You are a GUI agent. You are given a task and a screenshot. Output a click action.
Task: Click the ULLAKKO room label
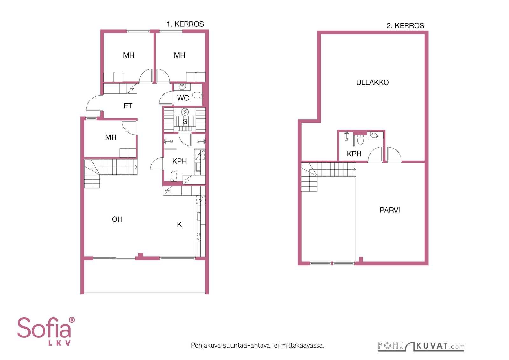(372, 82)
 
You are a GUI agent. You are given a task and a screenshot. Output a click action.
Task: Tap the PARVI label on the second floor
(390, 210)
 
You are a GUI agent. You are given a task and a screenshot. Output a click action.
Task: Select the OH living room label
(117, 219)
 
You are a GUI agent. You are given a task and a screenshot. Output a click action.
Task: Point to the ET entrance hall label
(128, 106)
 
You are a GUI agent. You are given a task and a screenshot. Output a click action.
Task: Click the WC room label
(183, 98)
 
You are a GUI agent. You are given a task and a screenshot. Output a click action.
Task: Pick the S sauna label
(185, 121)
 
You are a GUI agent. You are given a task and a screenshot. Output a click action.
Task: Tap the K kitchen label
(179, 225)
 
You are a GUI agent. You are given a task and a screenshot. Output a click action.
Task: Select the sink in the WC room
(182, 87)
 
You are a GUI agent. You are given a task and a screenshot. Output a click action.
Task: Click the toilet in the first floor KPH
(174, 176)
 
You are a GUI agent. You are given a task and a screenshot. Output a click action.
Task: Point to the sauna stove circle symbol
(185, 112)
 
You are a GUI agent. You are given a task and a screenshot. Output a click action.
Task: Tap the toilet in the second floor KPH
(360, 140)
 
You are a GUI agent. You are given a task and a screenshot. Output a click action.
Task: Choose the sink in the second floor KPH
(374, 135)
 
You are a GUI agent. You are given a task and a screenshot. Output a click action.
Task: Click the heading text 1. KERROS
(185, 24)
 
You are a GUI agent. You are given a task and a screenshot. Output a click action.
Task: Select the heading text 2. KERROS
(405, 26)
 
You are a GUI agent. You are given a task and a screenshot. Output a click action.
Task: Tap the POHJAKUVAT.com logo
(421, 346)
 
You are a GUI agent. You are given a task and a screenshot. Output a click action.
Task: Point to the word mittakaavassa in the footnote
(303, 345)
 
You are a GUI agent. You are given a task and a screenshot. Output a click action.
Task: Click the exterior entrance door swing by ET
(94, 103)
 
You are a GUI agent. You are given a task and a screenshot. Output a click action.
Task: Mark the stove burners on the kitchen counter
(199, 236)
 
